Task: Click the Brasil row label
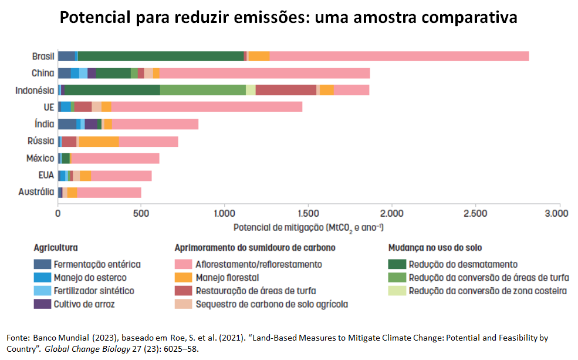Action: pyautogui.click(x=43, y=56)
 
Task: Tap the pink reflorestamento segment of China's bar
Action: pyautogui.click(x=264, y=73)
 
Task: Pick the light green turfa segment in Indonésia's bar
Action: pyautogui.click(x=202, y=90)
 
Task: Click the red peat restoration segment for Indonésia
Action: pyautogui.click(x=286, y=90)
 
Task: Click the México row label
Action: pyautogui.click(x=40, y=159)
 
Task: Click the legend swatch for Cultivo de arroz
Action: pyautogui.click(x=42, y=304)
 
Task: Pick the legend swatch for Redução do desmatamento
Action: pyautogui.click(x=397, y=265)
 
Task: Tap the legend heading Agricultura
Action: pyautogui.click(x=56, y=248)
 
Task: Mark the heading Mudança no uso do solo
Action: pyautogui.click(x=435, y=248)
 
